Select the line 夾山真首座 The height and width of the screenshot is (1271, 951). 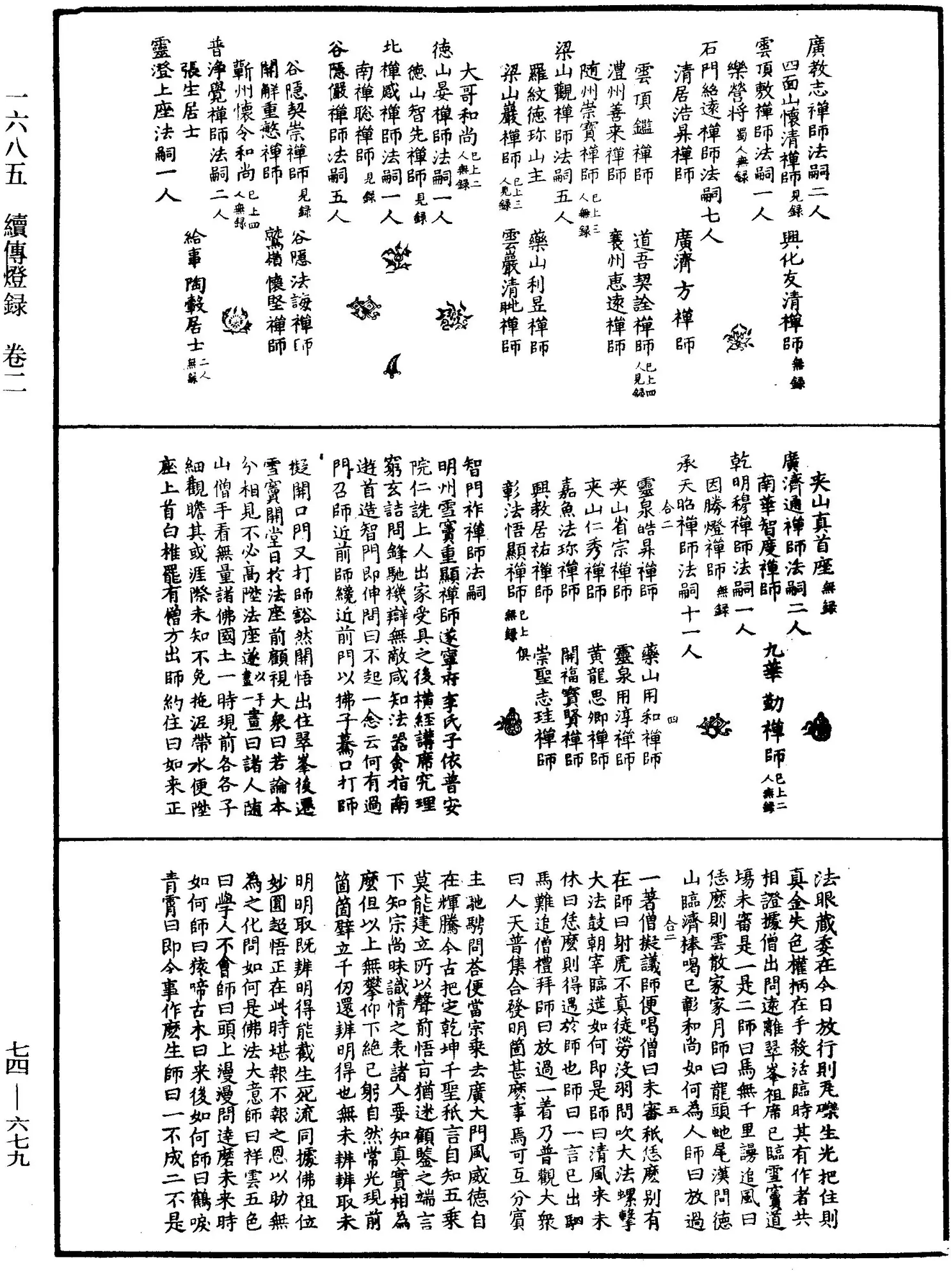tap(820, 525)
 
